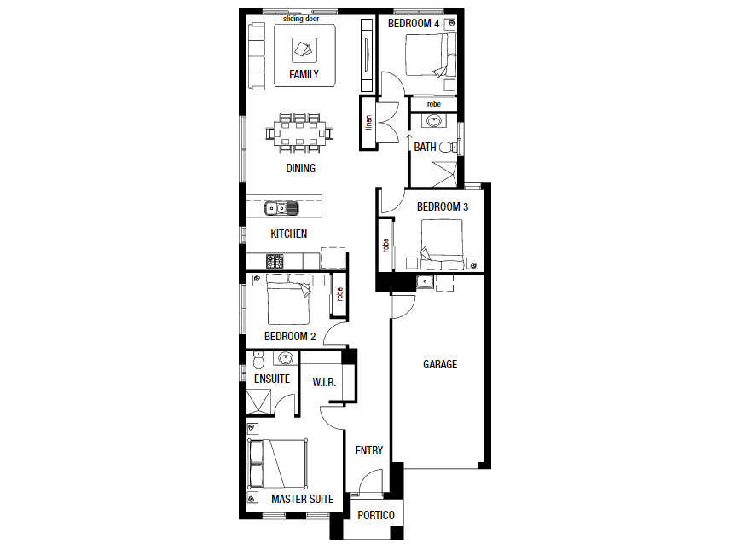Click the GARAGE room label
(440, 365)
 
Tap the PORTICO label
(376, 515)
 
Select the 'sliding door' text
(301, 16)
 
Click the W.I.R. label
(324, 382)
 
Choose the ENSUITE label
(272, 379)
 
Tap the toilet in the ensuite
(258, 357)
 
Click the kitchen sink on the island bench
(282, 207)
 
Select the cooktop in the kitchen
(275, 259)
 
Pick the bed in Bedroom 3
(441, 241)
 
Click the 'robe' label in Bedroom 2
(339, 293)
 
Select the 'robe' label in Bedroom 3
(386, 245)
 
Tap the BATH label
(425, 148)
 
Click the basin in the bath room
(434, 120)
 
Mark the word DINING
(300, 169)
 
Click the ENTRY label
(369, 451)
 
